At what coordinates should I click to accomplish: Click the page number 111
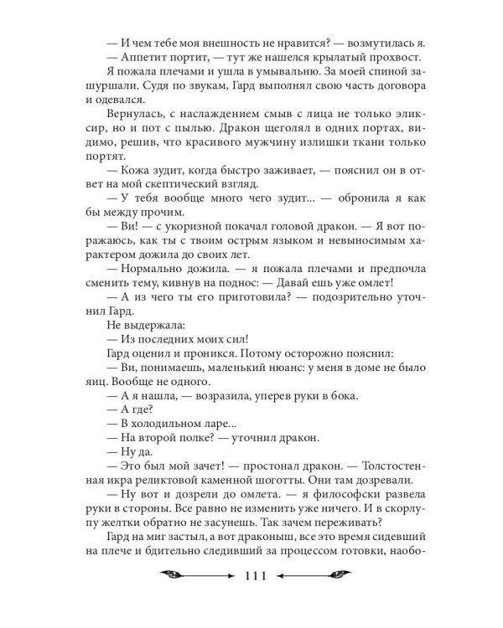[x=252, y=598]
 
